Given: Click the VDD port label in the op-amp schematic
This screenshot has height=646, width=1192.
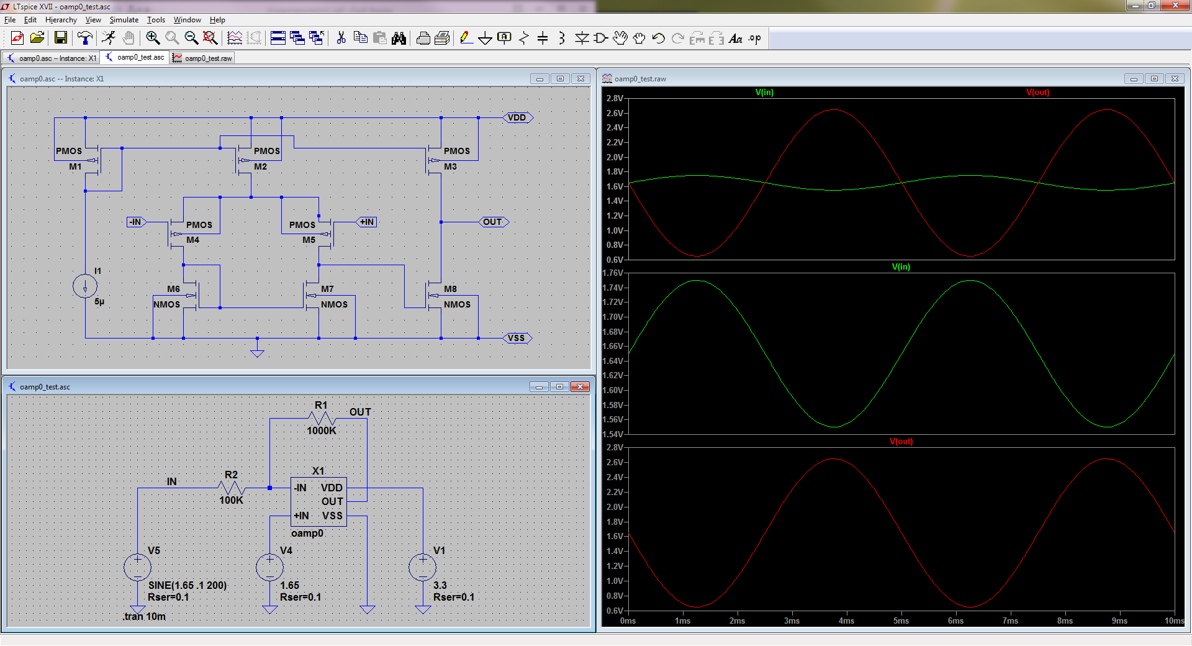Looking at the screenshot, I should point(517,117).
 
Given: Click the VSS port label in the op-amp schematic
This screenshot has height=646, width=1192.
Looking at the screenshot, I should point(517,338).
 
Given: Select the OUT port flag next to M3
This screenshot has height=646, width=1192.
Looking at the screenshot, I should point(493,222).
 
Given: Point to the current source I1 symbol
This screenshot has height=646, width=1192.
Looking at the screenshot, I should point(85,286).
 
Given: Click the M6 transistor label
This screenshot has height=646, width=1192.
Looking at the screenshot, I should point(173,289).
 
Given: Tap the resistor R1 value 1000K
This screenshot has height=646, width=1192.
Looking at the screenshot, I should point(322,430).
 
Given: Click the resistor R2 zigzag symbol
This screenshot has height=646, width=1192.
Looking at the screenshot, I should point(232,488).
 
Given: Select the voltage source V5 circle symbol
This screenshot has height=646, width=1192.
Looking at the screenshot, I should point(137,567).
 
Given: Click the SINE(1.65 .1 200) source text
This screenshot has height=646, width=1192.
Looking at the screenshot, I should point(187,585).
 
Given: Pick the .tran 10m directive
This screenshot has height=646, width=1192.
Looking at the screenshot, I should point(144,616).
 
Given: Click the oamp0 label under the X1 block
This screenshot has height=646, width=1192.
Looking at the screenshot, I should point(307,533).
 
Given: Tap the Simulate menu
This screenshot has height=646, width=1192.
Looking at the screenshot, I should point(124,20).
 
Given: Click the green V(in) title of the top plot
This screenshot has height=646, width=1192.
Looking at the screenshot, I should point(764,93).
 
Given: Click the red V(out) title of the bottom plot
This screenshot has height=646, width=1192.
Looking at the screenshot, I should point(901,442).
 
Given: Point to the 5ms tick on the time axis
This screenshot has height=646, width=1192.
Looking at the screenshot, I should point(901,621).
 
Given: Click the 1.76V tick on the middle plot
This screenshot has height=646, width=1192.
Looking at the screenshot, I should point(613,273).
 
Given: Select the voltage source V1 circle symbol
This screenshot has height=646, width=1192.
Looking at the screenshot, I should point(423,567).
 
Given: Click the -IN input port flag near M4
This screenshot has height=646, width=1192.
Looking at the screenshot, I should point(136,222).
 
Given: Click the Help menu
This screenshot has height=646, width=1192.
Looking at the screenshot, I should point(217,20).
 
